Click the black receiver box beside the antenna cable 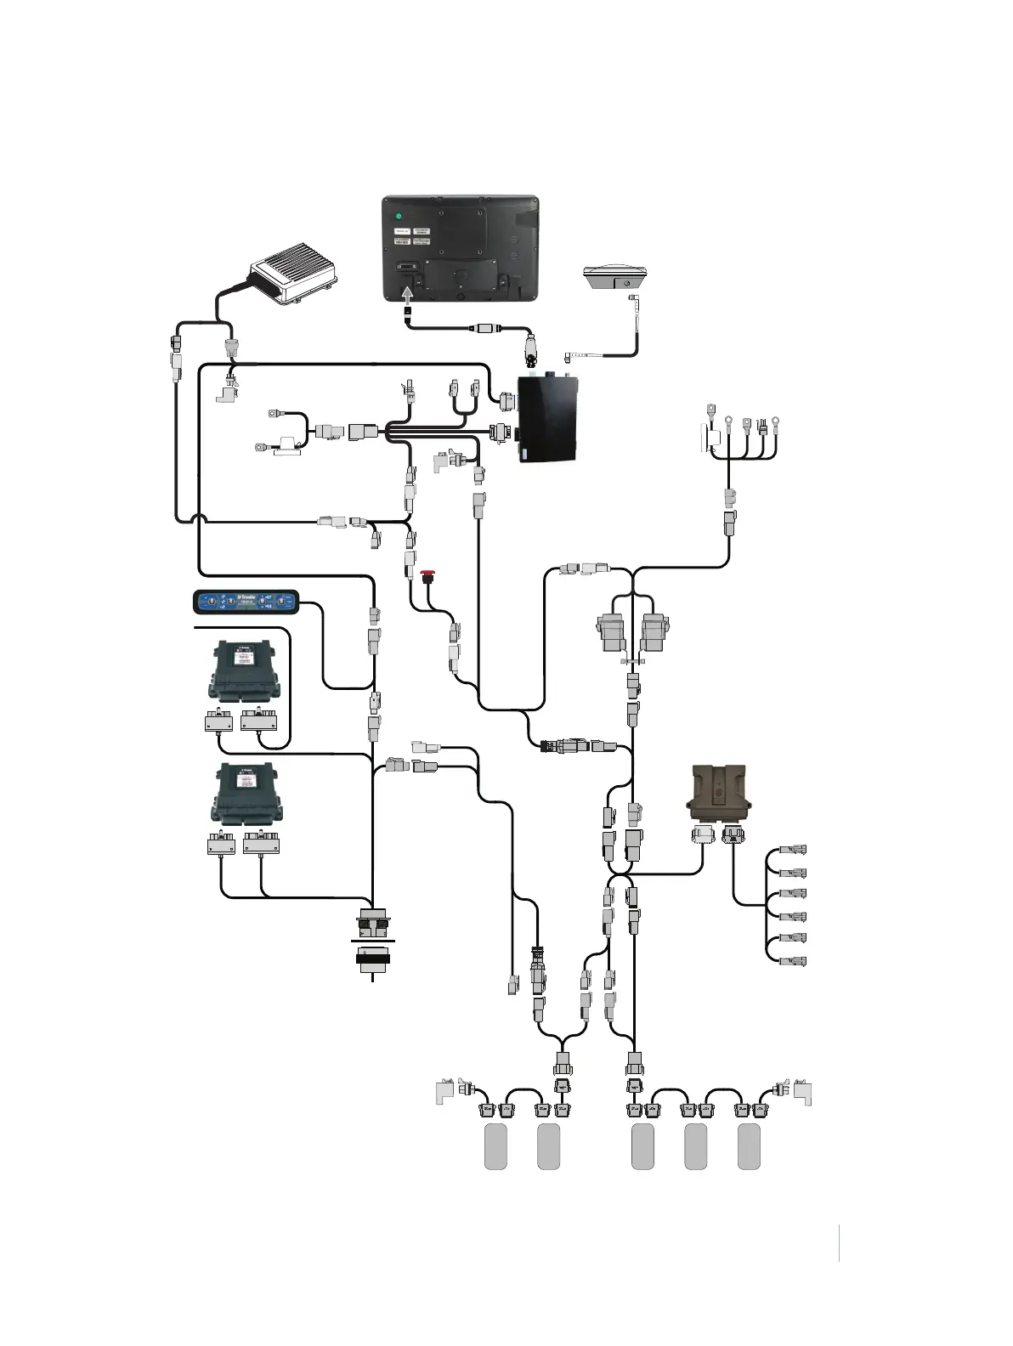tap(549, 419)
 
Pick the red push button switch tap(427, 576)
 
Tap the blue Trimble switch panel tap(246, 602)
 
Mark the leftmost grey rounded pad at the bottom tap(495, 1146)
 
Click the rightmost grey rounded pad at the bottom tap(749, 1146)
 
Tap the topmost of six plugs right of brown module tap(795, 849)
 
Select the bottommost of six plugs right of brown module tap(795, 962)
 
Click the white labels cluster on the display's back tap(411, 236)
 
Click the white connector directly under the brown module tap(703, 835)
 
